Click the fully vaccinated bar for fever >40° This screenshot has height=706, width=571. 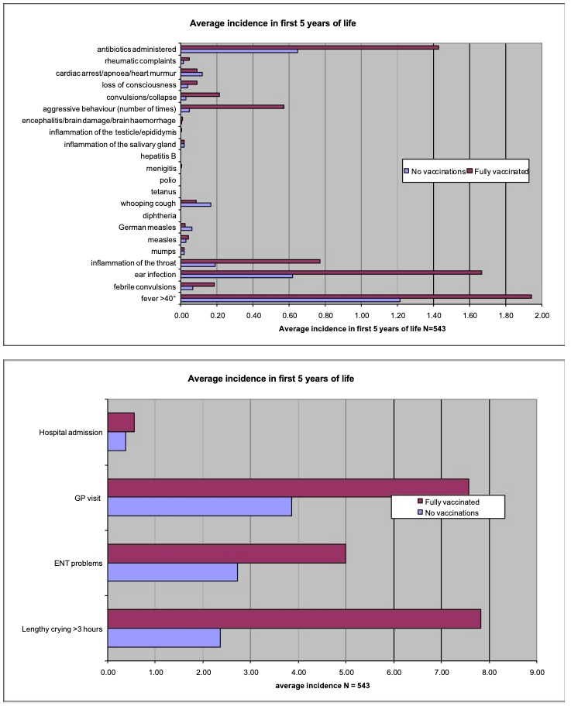(356, 296)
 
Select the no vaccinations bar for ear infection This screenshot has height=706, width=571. (236, 276)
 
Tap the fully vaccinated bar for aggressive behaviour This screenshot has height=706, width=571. (232, 106)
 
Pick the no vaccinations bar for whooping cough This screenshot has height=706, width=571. (196, 205)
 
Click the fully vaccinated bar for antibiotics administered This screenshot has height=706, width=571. (310, 46)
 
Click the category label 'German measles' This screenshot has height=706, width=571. (148, 228)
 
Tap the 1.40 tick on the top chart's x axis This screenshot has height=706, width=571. (433, 315)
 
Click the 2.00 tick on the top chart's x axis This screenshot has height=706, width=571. (542, 315)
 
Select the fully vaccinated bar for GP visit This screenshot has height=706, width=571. (287, 485)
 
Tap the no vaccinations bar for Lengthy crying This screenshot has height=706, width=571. (163, 638)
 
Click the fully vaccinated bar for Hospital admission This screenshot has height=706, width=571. (121, 422)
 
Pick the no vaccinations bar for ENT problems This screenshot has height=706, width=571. (172, 572)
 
